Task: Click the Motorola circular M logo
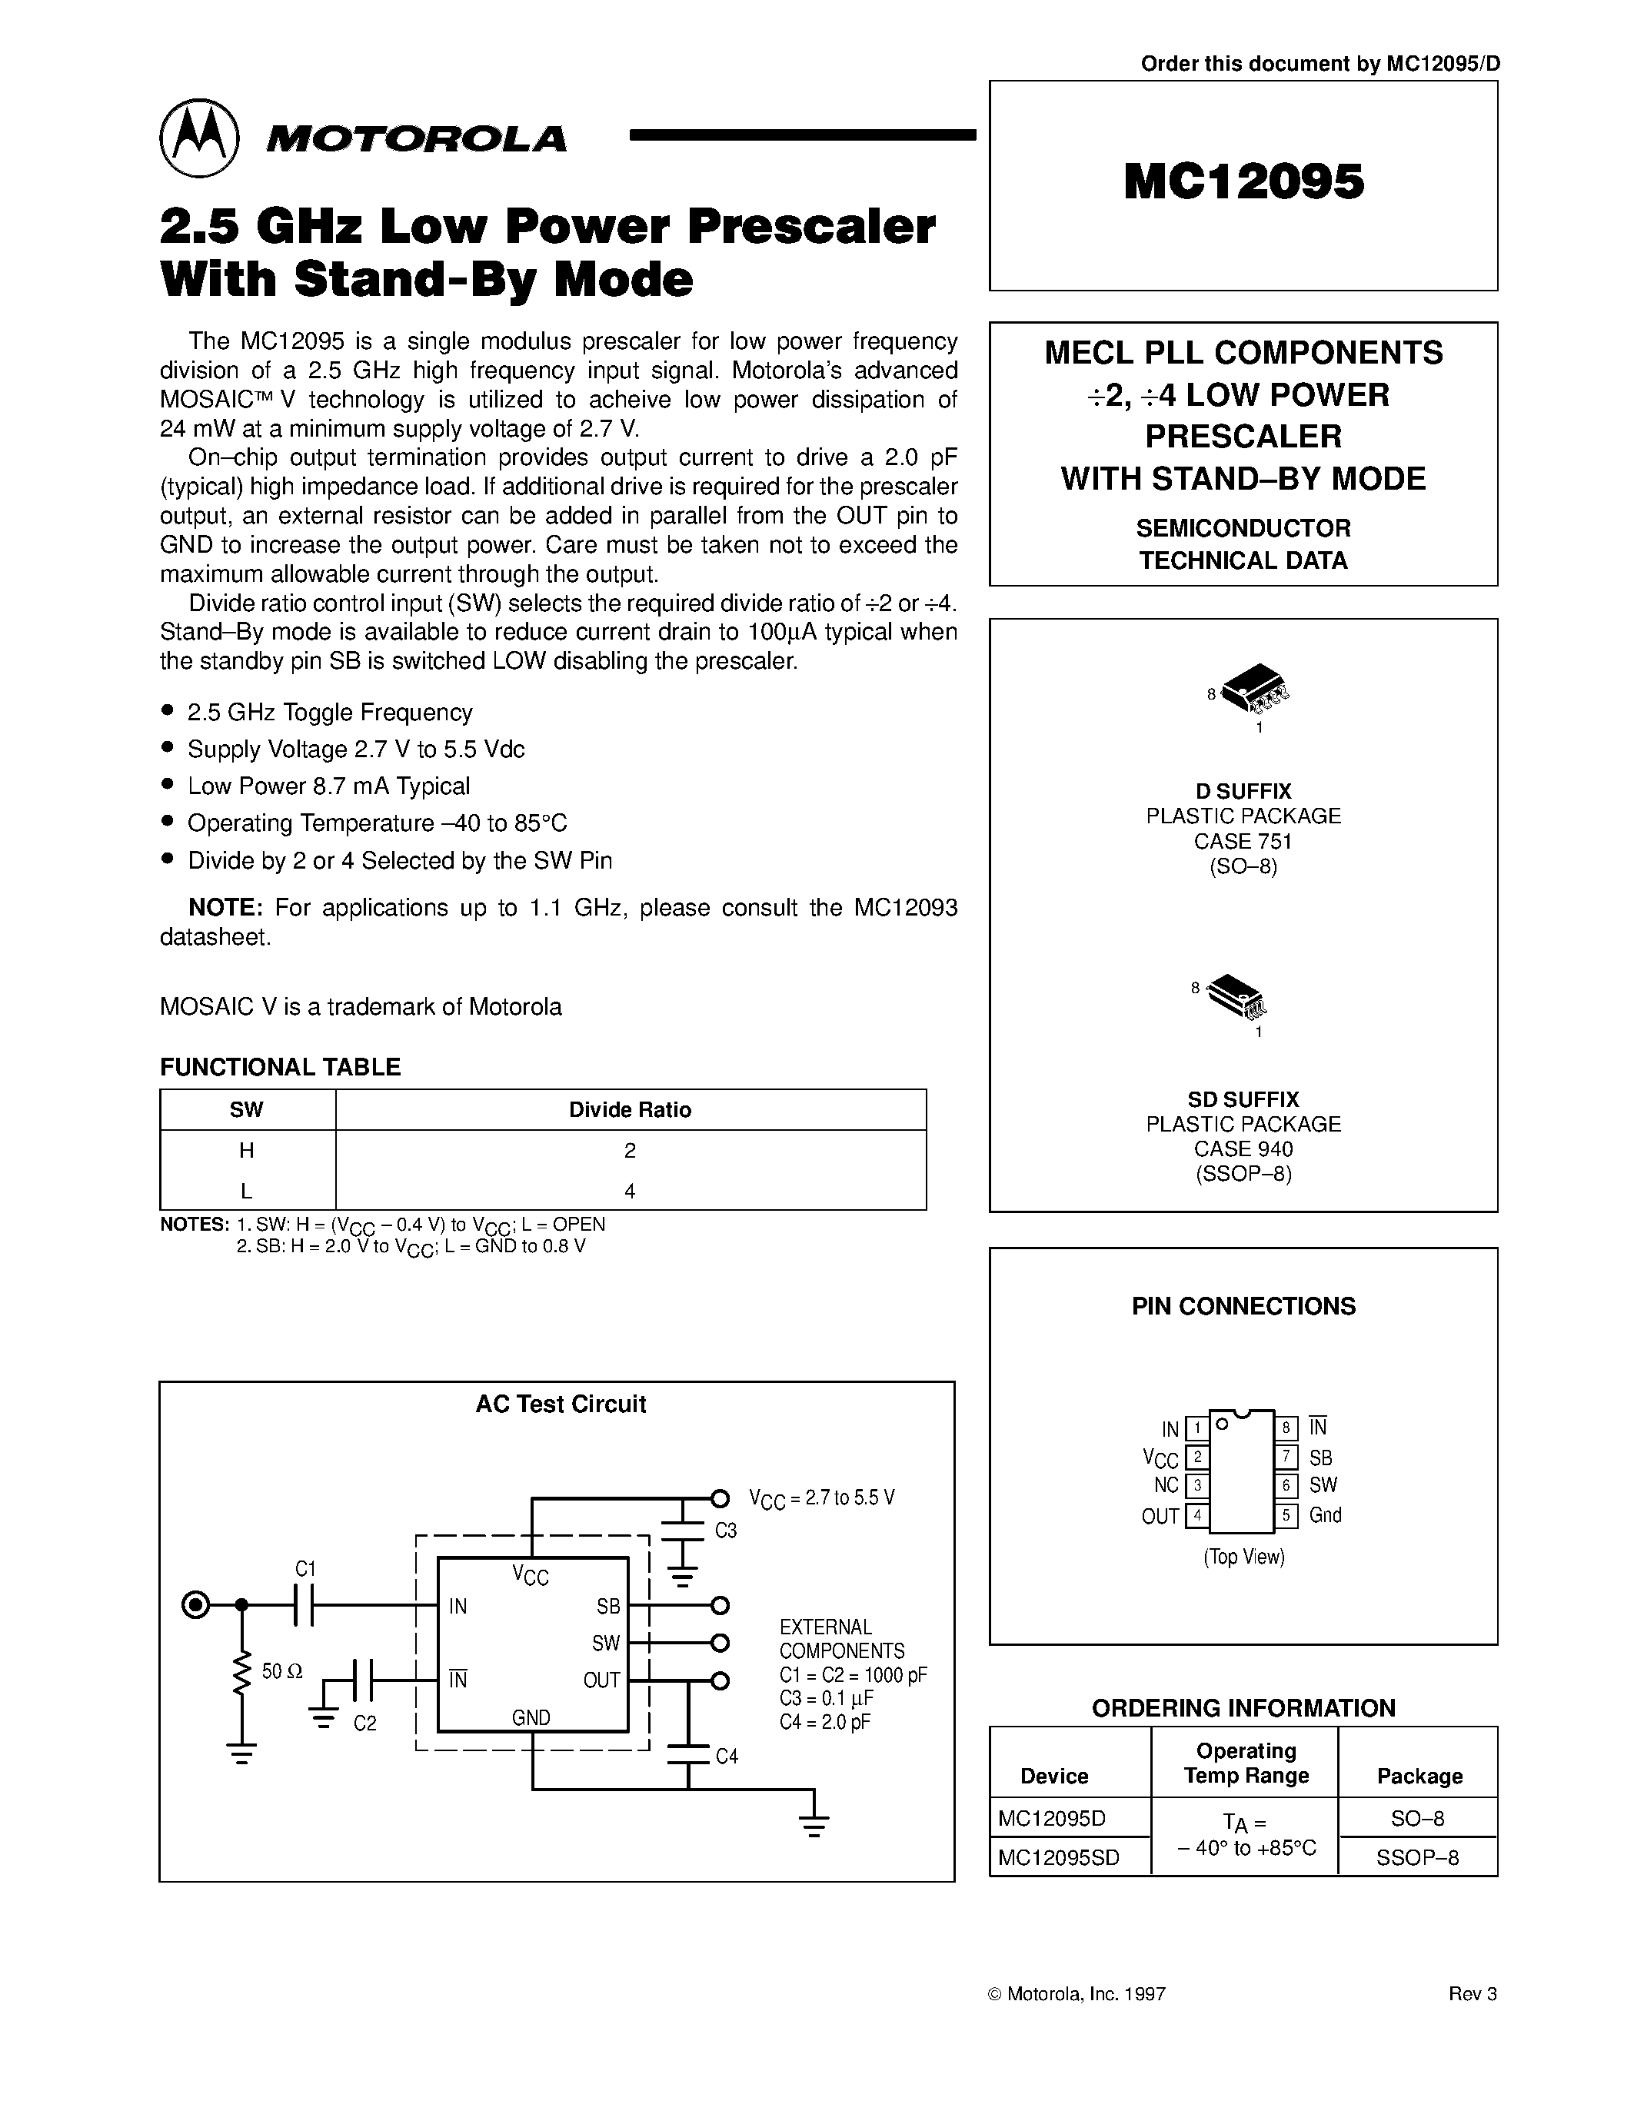click(198, 138)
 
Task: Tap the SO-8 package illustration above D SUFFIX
click(1256, 687)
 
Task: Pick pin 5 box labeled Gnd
click(1286, 1516)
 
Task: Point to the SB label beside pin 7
click(1320, 1458)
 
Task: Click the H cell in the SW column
click(247, 1150)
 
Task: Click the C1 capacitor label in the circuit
click(306, 1569)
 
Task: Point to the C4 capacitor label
click(726, 1756)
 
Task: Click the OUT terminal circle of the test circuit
click(719, 1680)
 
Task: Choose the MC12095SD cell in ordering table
click(1058, 1857)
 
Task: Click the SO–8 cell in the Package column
click(1417, 1818)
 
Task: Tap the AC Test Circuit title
click(561, 1404)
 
